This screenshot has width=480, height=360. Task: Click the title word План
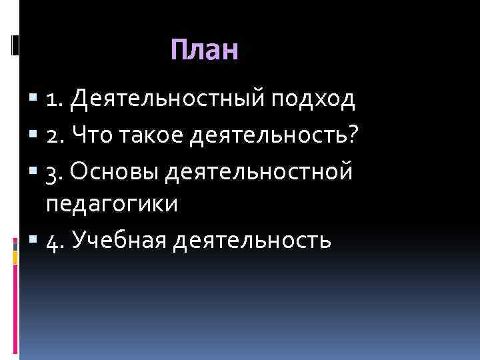[x=204, y=51]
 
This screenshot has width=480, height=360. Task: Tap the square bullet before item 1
[x=34, y=101]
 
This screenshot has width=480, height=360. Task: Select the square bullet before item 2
[x=34, y=137]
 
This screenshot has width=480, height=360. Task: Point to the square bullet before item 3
[x=34, y=172]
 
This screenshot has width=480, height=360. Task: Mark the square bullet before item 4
[x=34, y=240]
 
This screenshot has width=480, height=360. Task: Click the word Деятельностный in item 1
[x=169, y=101]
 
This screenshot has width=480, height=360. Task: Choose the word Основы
[x=114, y=171]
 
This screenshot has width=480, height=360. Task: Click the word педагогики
[x=112, y=205]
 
